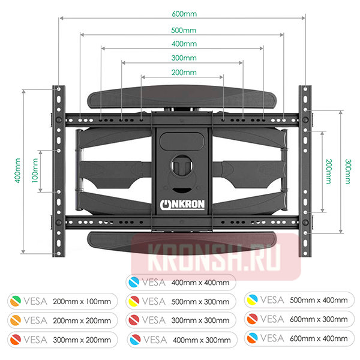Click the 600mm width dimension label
[184, 14]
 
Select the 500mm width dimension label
[184, 31]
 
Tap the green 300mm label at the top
[184, 58]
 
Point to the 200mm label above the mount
[184, 73]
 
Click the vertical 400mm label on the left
[17, 170]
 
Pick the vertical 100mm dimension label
[35, 170]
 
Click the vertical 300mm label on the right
[348, 172]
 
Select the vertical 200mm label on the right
[329, 171]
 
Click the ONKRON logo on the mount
[182, 205]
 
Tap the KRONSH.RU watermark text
[214, 258]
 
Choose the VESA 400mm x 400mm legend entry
[181, 282]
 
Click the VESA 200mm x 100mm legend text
[67, 301]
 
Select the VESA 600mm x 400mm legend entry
[299, 338]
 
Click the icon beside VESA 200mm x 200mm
[16, 320]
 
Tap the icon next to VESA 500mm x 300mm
[134, 301]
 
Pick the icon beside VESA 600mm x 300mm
[253, 319]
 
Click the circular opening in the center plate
[182, 166]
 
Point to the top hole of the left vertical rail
[59, 89]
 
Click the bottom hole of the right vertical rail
[305, 253]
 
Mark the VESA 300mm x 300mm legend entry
[181, 320]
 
